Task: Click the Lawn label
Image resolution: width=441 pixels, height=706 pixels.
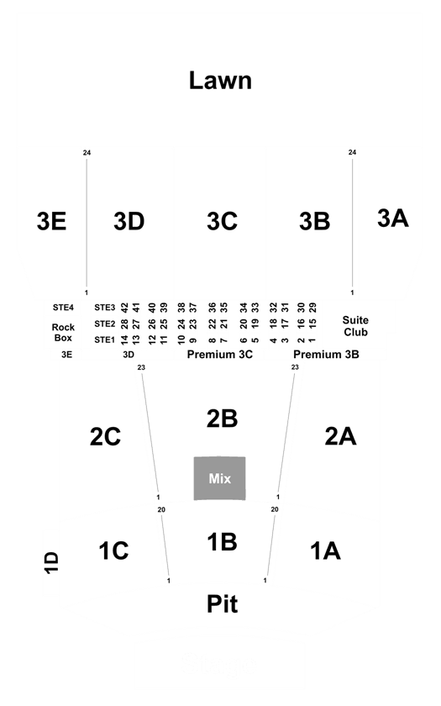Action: pos(220,81)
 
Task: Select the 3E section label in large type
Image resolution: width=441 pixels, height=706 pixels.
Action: pos(51,221)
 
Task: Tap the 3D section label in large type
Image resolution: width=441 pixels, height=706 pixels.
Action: pos(129,221)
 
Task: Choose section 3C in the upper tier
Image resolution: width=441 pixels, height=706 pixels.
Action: pos(222,221)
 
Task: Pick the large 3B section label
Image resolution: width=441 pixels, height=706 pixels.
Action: pos(314,221)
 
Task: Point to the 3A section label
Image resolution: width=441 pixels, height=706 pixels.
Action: pos(393,219)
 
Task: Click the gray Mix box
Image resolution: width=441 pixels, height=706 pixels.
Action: pos(219,478)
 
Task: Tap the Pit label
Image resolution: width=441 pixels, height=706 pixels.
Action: pos(222,603)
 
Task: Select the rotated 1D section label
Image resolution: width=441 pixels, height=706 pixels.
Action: pos(51,562)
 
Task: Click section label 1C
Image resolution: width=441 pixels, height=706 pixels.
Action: pos(114,551)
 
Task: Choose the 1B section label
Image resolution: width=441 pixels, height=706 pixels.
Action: pos(222,541)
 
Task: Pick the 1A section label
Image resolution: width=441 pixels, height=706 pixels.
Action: pos(325,551)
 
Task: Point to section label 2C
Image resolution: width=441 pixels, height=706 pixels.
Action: pos(105,436)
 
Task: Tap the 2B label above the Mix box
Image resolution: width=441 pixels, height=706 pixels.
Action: pos(222,419)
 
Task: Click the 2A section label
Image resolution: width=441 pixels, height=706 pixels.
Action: pos(341,436)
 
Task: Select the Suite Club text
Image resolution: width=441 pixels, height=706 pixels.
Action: pos(355,326)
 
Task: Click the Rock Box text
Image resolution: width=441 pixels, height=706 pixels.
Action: pos(63,332)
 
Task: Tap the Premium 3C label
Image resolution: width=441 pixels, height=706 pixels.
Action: pos(219,355)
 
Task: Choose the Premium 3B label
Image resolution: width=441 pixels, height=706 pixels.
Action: pos(326,355)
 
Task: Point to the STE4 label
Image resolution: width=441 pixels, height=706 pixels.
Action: pos(63,308)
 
